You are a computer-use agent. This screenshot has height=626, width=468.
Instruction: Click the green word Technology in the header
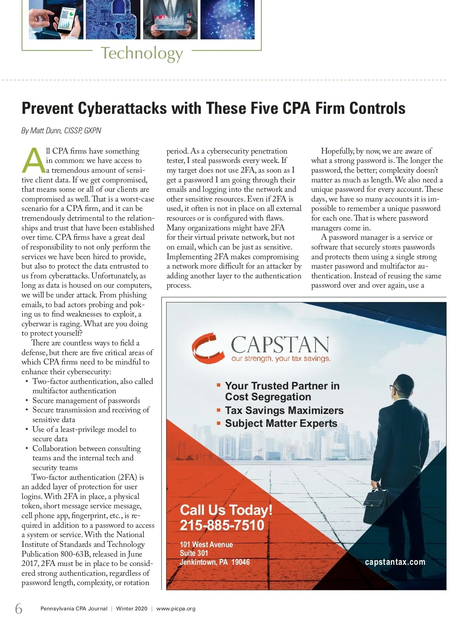point(142,53)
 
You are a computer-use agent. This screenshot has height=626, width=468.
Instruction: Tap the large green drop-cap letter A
point(34,161)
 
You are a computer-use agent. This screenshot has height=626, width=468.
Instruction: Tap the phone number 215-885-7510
point(222,525)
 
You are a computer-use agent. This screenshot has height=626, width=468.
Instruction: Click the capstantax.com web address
point(395,562)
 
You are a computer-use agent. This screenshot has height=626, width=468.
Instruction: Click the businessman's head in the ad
point(399,386)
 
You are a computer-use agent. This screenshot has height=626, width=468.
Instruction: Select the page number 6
point(19,608)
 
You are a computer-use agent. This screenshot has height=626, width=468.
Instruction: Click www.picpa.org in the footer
point(176,609)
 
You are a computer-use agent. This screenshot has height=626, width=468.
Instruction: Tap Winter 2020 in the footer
point(132,609)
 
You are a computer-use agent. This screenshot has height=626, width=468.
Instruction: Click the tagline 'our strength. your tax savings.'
point(281,359)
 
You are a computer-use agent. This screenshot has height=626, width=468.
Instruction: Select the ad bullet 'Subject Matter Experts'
point(281,423)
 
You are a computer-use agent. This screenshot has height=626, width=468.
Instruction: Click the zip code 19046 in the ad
point(240,562)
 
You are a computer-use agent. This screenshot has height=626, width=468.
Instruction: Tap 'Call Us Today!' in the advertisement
point(226,510)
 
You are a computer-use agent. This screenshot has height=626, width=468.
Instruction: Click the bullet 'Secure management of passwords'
point(86,400)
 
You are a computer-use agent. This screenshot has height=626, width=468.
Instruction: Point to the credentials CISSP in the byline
point(73,131)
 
